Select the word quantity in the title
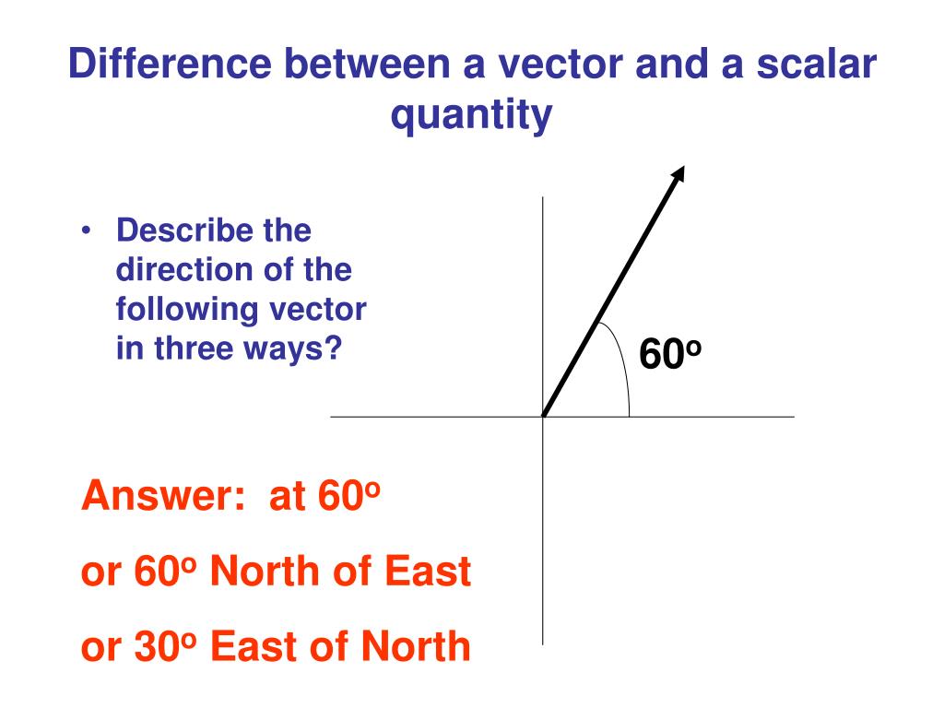point(472,115)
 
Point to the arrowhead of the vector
point(678,173)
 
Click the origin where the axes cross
point(544,417)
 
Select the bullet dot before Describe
point(86,231)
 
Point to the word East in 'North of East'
point(427,572)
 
